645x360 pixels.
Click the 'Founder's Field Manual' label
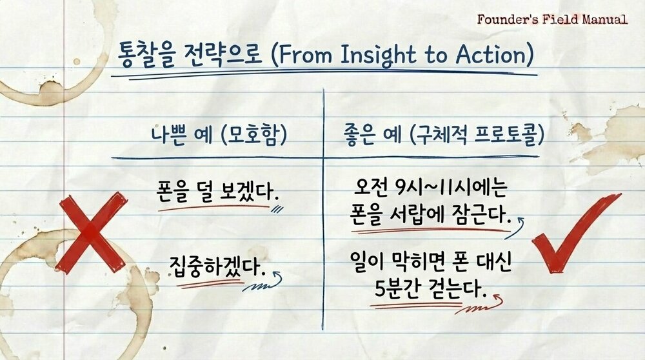click(x=552, y=19)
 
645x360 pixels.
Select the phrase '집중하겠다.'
click(x=217, y=266)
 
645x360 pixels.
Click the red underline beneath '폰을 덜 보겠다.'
click(x=213, y=208)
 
